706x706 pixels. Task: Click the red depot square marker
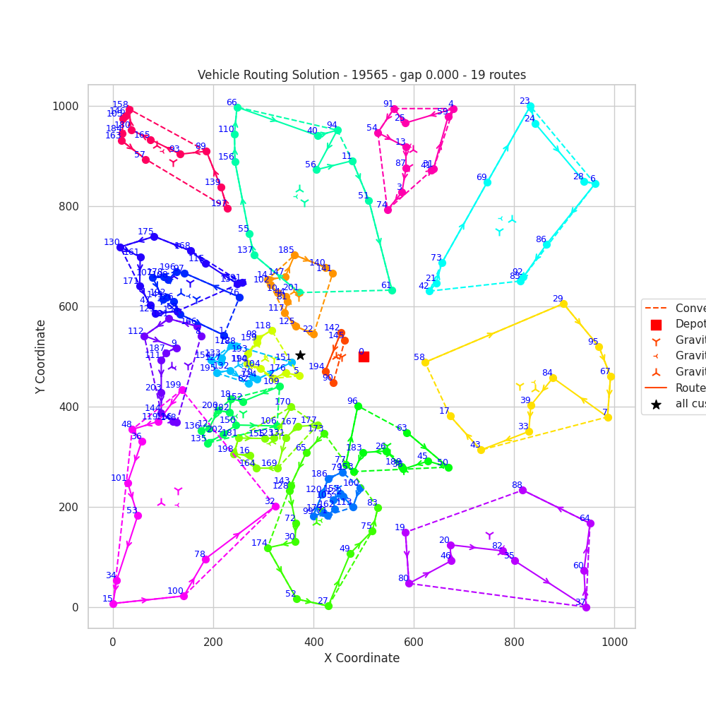pyautogui.click(x=364, y=357)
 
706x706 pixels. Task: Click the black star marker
pyautogui.click(x=300, y=355)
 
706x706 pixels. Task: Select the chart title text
pyautogui.click(x=361, y=75)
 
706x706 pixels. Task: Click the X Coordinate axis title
pyautogui.click(x=361, y=658)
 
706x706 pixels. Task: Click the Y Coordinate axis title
pyautogui.click(x=41, y=357)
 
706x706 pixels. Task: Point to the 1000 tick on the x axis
pyautogui.click(x=614, y=640)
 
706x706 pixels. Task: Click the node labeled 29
pyautogui.click(x=563, y=304)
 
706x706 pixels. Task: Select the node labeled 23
pyautogui.click(x=530, y=107)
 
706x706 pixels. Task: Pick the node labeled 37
pyautogui.click(x=586, y=607)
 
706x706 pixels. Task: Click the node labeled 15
pyautogui.click(x=113, y=604)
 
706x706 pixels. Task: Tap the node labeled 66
pyautogui.click(x=237, y=107)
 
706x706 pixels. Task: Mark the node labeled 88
pyautogui.click(x=522, y=490)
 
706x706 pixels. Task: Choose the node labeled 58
pyautogui.click(x=425, y=362)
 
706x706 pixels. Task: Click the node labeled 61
pyautogui.click(x=392, y=290)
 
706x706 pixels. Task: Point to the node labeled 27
pyautogui.click(x=328, y=606)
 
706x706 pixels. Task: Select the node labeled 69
pyautogui.click(x=487, y=182)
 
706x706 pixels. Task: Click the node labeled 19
pyautogui.click(x=405, y=532)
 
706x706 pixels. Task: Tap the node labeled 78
pyautogui.click(x=205, y=559)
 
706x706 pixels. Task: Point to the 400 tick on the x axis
pyautogui.click(x=313, y=640)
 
